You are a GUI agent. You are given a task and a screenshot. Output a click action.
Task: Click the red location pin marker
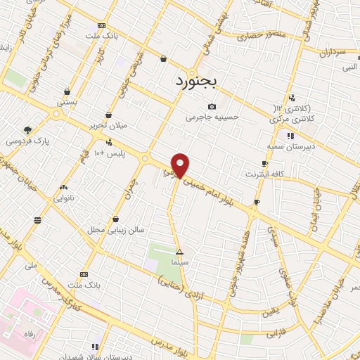(180, 165)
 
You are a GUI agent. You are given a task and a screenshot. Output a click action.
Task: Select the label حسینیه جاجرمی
(212, 117)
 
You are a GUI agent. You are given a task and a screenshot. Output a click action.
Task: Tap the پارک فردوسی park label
(27, 141)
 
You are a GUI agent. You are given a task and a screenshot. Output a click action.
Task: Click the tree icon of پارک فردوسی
(27, 129)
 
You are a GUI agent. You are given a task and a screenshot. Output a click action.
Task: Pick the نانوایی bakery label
(65, 198)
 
